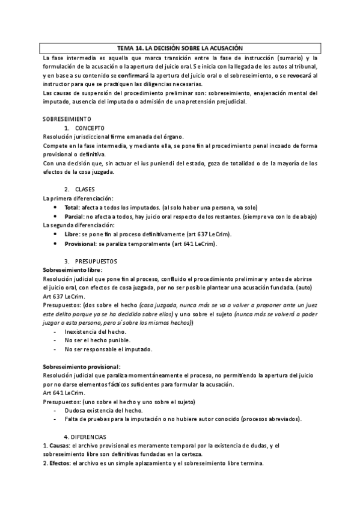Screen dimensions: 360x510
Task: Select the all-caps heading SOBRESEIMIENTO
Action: [67, 119]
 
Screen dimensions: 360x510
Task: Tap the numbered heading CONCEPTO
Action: [90, 128]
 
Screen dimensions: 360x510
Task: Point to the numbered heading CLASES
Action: [85, 189]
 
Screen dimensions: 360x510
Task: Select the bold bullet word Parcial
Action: [74, 217]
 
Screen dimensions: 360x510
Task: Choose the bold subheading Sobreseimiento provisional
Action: [82, 366]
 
